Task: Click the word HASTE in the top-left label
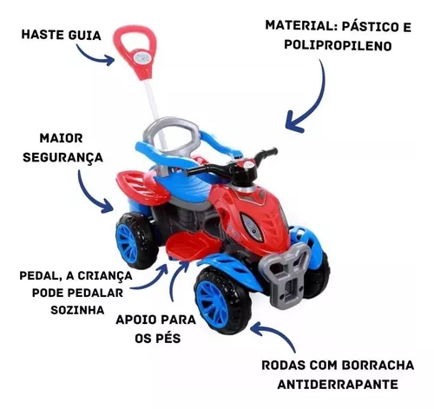point(43,35)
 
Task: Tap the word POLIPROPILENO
point(338,45)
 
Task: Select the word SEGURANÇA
point(63,158)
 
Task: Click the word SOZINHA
point(77,310)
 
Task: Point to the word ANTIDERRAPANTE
point(338,384)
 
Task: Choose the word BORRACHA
point(378,365)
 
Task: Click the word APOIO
point(136,320)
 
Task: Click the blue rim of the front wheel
point(212,304)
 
